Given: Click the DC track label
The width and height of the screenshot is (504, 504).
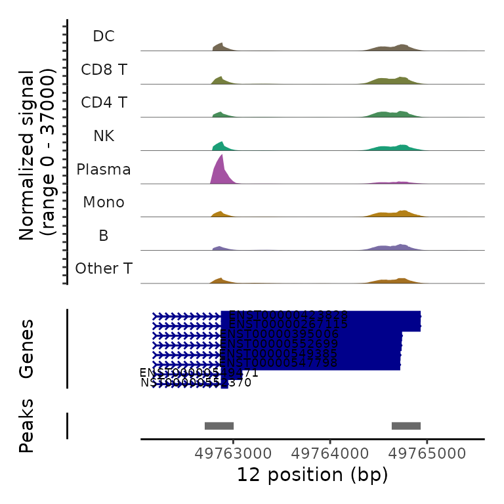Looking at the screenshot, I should tap(104, 36).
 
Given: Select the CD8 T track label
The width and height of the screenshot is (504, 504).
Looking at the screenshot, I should tap(104, 69).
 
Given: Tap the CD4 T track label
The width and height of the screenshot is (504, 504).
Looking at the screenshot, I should tap(104, 102).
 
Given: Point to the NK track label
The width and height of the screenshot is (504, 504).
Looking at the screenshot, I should tap(104, 136).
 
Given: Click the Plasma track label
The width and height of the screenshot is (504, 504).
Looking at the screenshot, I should tap(104, 169).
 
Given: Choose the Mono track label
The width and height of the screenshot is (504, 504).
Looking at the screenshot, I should tap(104, 202).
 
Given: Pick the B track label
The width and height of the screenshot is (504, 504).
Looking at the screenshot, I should tap(104, 236).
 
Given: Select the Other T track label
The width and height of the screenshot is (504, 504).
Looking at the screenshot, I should tap(104, 268).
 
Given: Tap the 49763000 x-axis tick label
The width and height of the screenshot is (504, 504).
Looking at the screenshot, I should tap(234, 453).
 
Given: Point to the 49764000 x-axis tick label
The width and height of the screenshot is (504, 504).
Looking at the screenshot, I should tap(331, 453).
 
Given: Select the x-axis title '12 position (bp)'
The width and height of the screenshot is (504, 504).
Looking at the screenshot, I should tap(312, 474).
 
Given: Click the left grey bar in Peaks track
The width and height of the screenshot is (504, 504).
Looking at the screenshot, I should tap(219, 425).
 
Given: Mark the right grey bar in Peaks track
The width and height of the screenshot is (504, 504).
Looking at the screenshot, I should tap(406, 425).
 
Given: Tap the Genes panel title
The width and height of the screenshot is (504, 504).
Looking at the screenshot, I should tap(27, 348).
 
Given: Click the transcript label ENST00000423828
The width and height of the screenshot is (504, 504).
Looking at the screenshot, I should tap(288, 316).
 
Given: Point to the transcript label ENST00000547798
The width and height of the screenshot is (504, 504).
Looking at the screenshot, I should tap(279, 363).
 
